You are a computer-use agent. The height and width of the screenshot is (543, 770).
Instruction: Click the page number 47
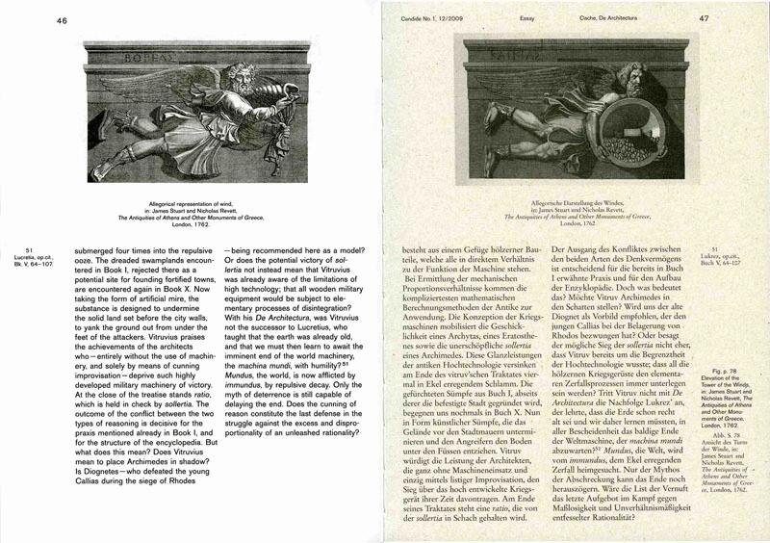[731, 17]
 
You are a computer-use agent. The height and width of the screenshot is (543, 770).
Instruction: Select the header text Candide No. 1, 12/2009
[433, 18]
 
